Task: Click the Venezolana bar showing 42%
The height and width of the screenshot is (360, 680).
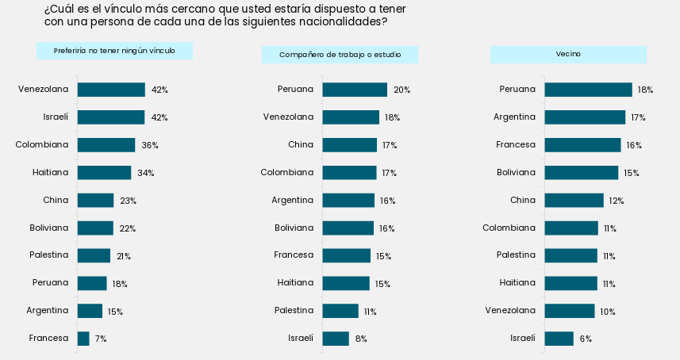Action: click(111, 90)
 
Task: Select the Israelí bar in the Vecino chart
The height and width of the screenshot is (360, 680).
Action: click(559, 339)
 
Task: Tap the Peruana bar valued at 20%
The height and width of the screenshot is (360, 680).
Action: click(355, 90)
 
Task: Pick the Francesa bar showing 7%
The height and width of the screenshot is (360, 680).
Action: click(83, 339)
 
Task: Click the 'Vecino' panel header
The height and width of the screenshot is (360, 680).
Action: click(568, 55)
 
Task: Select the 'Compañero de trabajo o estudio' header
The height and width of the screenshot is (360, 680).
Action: click(340, 55)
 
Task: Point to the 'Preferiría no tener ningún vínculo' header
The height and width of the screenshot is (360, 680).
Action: click(114, 51)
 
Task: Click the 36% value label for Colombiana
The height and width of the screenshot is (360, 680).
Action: click(150, 145)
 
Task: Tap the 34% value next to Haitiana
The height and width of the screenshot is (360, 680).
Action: click(146, 173)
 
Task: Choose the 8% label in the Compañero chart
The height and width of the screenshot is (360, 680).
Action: click(361, 339)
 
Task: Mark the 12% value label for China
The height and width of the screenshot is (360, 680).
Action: click(617, 201)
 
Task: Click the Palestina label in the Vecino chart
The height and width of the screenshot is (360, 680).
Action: click(516, 255)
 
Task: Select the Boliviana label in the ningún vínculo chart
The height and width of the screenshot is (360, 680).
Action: click(49, 228)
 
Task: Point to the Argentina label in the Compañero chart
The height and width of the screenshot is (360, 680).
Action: click(292, 200)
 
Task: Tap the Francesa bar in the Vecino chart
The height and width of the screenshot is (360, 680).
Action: click(583, 145)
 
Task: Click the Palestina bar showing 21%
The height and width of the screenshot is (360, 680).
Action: click(94, 255)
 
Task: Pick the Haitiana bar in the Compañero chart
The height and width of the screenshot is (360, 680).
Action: click(346, 283)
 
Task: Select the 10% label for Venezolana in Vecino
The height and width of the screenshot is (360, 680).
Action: click(608, 312)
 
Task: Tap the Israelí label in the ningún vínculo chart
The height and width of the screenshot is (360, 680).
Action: click(56, 117)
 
